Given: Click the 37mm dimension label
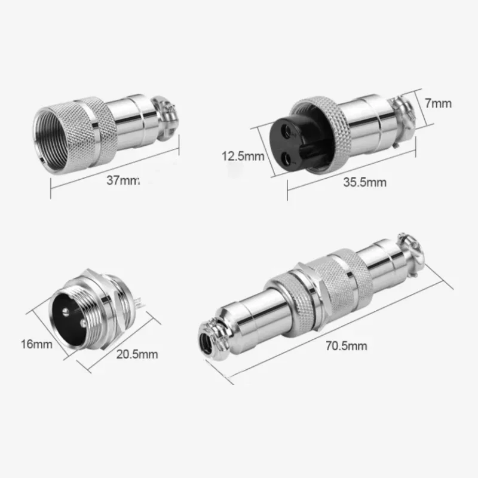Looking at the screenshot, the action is pyautogui.click(x=123, y=180).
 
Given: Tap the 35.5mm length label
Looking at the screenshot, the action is pyautogui.click(x=364, y=182).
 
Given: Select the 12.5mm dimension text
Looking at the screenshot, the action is pyautogui.click(x=243, y=156).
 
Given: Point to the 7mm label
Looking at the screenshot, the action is pyautogui.click(x=438, y=103).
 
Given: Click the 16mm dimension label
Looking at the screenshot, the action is pyautogui.click(x=36, y=344).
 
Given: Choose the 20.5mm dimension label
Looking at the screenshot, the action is pyautogui.click(x=137, y=354).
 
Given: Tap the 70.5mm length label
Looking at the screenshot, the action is pyautogui.click(x=347, y=346).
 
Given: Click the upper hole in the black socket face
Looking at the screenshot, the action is pyautogui.click(x=287, y=130).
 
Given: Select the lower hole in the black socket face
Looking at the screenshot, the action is pyautogui.click(x=286, y=157).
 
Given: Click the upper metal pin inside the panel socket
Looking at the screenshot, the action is pyautogui.click(x=66, y=311).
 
